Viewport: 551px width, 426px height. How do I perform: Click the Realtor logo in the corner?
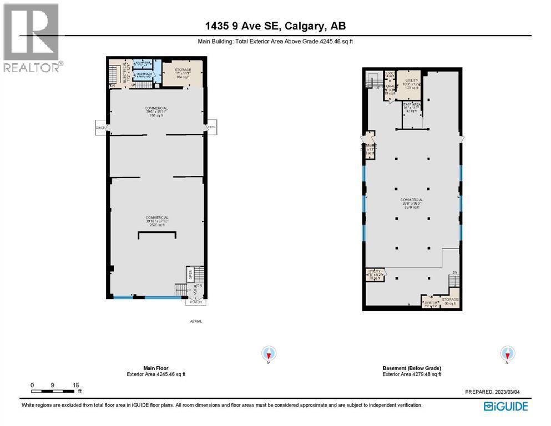pos(31,38)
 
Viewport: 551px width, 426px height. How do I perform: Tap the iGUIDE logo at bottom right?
pos(505,407)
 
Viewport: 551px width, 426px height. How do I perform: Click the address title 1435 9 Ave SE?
pos(275,26)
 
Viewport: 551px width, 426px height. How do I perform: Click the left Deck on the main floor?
pos(100,128)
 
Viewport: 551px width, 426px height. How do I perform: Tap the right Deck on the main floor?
pos(211,128)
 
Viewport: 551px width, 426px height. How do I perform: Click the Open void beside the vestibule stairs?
pos(189,274)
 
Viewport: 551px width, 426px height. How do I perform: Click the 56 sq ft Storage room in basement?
pos(449,301)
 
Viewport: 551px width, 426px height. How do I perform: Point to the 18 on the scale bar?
pos(76,385)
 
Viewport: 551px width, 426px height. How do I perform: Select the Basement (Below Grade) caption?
pos(412,368)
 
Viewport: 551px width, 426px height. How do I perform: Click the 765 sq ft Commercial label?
pos(156,111)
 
